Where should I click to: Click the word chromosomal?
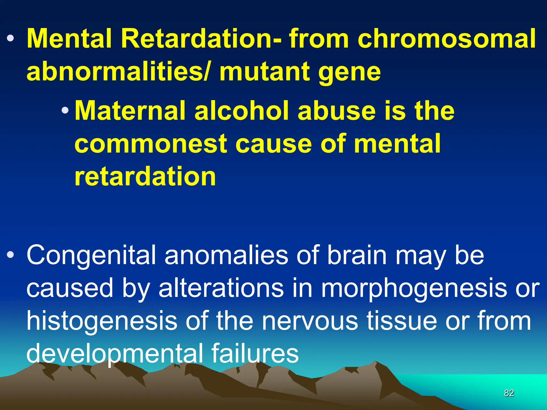point(446,39)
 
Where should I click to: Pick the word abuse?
point(336,111)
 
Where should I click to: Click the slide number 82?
point(509,393)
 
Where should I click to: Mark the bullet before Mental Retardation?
point(10,39)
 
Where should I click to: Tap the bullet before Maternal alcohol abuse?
point(65,110)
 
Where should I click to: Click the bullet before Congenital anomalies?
point(10,255)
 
